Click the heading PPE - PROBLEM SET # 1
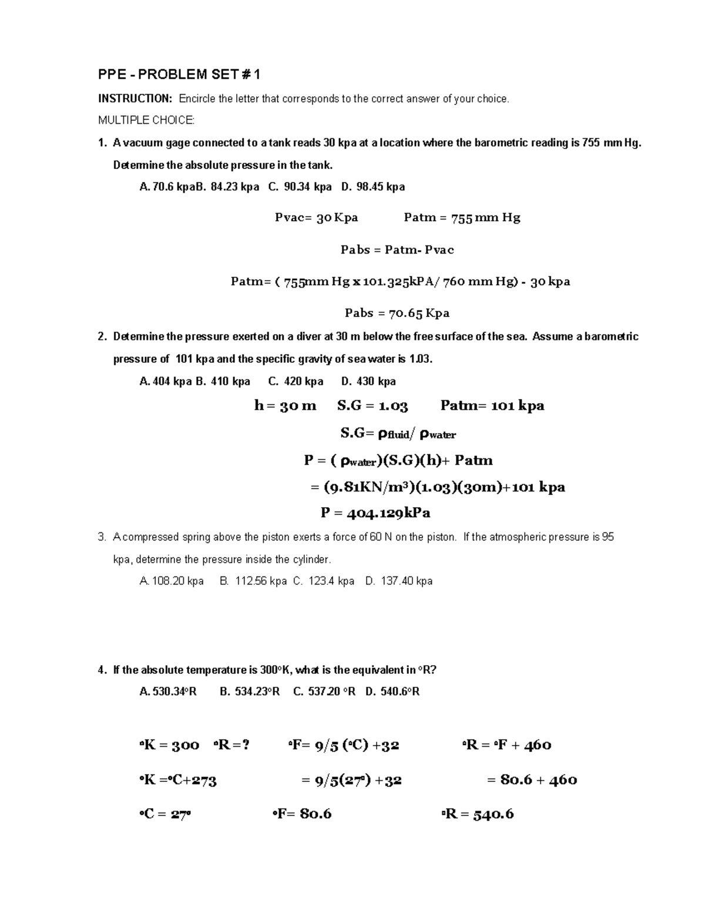179,75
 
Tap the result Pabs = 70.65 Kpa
397,313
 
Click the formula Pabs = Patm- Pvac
397,249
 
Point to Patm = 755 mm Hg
462,218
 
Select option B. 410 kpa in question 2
223,381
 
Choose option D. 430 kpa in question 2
368,381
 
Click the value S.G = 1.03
372,406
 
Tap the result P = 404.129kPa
375,513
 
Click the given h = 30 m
285,406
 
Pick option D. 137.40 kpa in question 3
399,581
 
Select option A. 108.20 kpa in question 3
172,581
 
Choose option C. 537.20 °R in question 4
324,692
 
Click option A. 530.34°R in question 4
168,692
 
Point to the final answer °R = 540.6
478,814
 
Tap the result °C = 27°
165,814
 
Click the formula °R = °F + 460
507,745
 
